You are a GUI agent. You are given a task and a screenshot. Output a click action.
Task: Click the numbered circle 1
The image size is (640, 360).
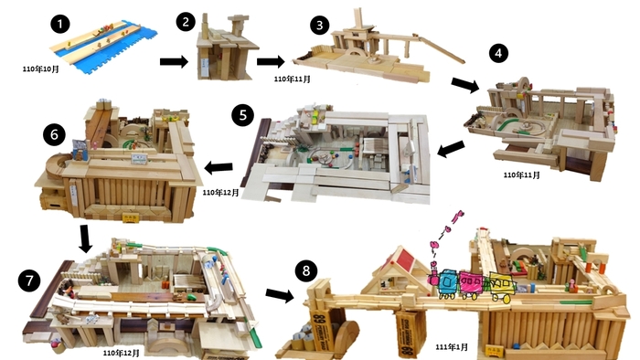(x=60, y=25)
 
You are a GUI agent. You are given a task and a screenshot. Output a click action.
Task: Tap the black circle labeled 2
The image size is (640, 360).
(x=186, y=22)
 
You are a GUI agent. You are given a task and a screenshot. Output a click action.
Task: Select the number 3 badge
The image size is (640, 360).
(x=320, y=26)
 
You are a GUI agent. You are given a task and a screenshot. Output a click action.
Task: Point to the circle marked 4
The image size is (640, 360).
(x=498, y=53)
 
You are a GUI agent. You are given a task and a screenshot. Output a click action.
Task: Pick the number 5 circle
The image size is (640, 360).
(x=243, y=114)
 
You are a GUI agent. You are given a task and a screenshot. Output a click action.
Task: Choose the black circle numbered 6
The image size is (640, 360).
(x=54, y=134)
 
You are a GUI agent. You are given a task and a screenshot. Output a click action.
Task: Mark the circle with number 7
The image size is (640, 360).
(x=29, y=281)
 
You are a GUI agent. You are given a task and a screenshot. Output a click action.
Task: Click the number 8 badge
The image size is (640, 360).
(x=306, y=270)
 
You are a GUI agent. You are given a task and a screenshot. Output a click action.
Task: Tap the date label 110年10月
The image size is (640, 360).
(x=41, y=69)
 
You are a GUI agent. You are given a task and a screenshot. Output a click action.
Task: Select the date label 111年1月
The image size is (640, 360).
(x=452, y=347)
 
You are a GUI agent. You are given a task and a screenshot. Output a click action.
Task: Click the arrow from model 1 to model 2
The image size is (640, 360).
(x=174, y=61)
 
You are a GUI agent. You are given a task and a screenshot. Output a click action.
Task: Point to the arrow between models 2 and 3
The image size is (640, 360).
(x=271, y=61)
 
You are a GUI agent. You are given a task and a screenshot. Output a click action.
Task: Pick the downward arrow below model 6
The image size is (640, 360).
(x=86, y=238)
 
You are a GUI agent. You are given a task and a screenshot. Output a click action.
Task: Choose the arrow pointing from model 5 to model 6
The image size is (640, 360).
(x=219, y=167)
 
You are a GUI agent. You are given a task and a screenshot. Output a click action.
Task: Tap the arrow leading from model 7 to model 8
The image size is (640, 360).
(x=280, y=294)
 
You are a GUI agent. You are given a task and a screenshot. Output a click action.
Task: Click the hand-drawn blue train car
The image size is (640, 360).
(x=447, y=282)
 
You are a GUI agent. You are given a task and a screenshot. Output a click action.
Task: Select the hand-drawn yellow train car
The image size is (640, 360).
(x=502, y=286)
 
